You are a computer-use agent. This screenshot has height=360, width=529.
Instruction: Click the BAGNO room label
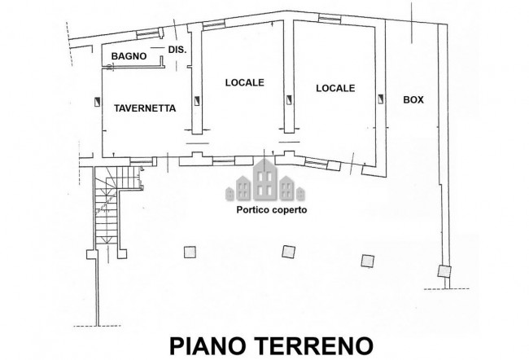tap(129, 55)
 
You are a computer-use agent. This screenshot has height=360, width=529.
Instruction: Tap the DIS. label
tap(177, 50)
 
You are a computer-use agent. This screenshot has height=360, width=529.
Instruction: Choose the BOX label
tap(414, 99)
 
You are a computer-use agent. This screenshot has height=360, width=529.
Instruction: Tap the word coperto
tap(288, 209)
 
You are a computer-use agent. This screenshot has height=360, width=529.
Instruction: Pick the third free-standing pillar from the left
tap(366, 258)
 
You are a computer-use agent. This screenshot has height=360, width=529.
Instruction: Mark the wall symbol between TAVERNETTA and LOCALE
tap(196, 100)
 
